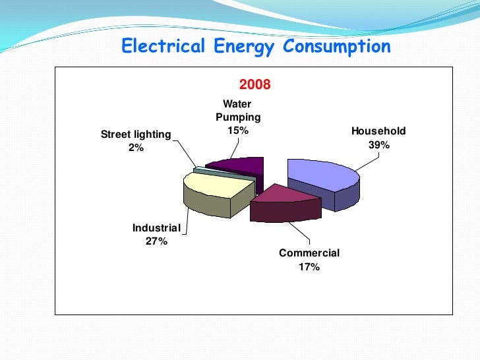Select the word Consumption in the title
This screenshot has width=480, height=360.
click(337, 47)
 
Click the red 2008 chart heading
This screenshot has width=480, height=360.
click(255, 85)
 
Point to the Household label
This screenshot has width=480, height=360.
click(378, 131)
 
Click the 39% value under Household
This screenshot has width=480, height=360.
click(379, 145)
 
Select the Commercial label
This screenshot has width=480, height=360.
click(309, 253)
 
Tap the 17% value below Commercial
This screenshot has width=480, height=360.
click(309, 267)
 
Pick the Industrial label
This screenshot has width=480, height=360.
click(156, 228)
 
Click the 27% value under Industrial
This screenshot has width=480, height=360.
click(156, 241)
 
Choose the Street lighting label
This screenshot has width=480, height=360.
click(136, 135)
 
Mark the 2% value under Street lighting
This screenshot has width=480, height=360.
click(136, 148)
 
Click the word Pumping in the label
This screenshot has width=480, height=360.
click(238, 117)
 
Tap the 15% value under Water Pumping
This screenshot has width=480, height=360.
click(238, 131)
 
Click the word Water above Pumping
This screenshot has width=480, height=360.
click(237, 104)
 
